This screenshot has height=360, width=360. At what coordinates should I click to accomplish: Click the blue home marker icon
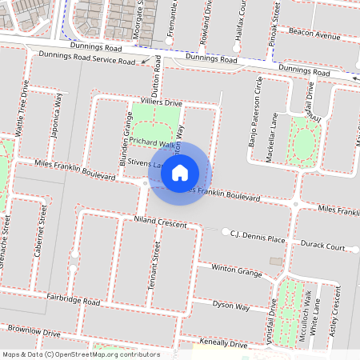pos(180,172)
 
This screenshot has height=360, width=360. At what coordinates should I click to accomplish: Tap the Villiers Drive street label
pos(162,102)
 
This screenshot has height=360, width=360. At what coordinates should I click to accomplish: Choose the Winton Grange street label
pos(237,270)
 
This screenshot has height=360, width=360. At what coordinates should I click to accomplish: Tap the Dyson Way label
pos(231,306)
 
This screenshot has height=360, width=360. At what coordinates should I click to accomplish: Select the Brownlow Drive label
pos(34,330)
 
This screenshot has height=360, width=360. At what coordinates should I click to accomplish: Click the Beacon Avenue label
pos(315,36)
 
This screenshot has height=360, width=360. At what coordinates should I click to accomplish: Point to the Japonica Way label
pos(57,114)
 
